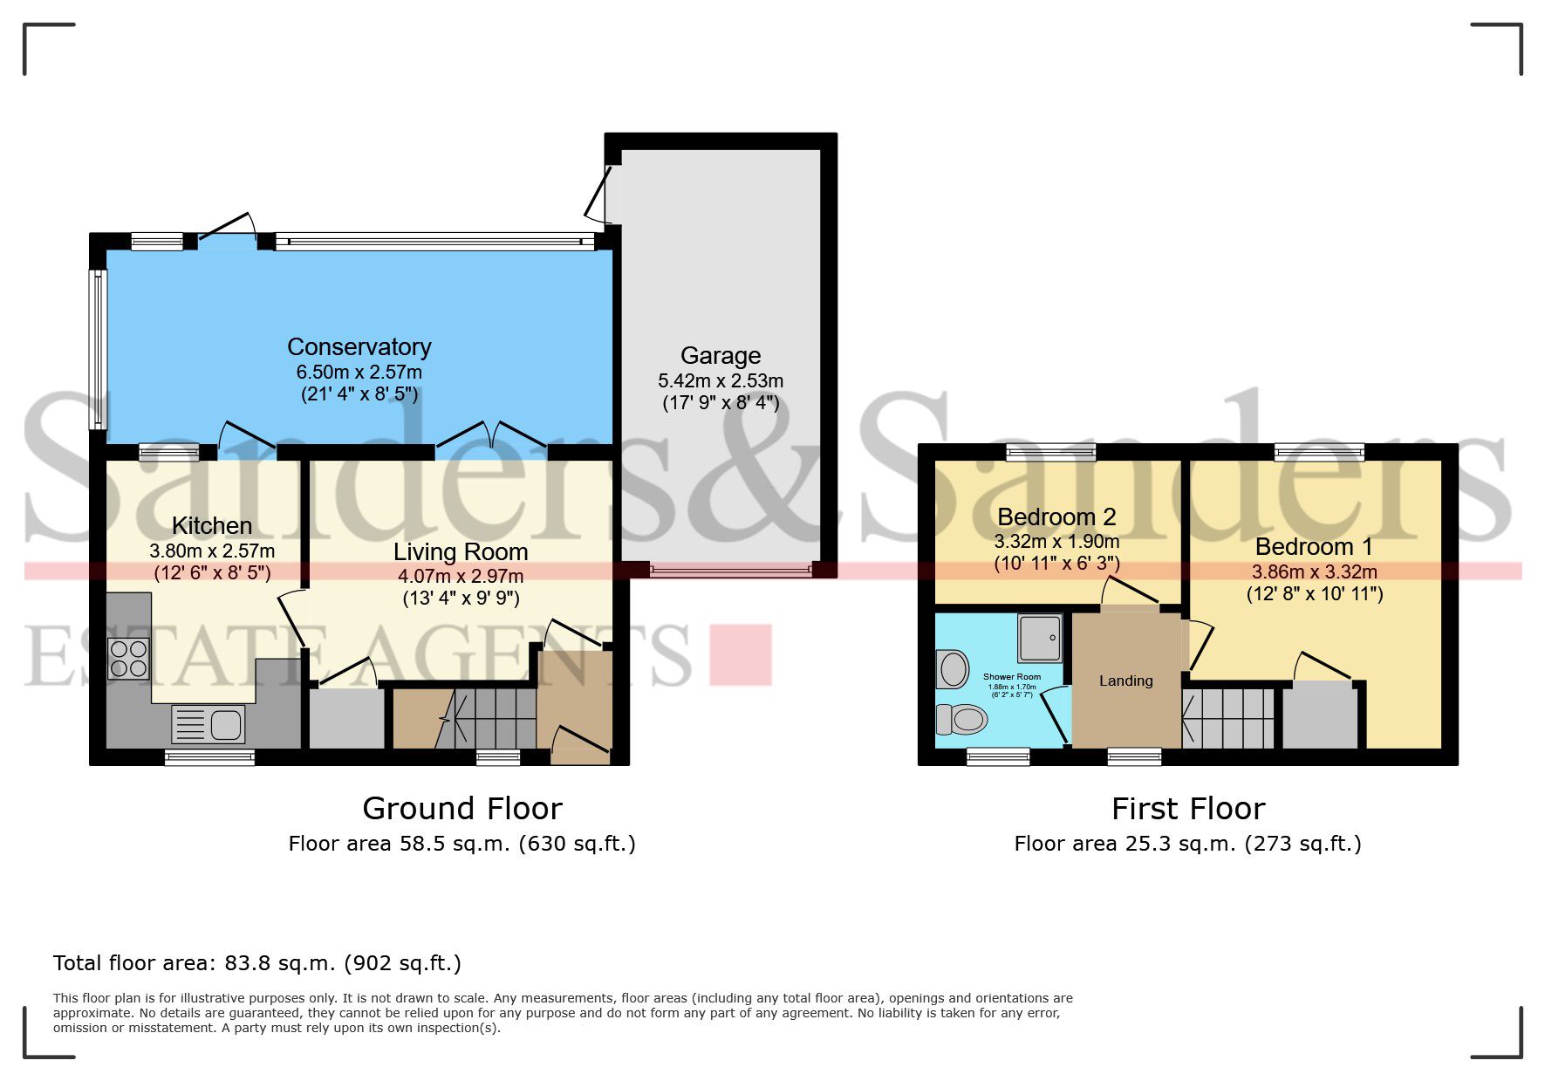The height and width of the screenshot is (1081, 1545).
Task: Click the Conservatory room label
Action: (x=359, y=347)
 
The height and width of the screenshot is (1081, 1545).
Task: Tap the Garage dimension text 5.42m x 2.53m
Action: (x=720, y=381)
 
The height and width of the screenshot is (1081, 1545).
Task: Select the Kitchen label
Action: (x=212, y=525)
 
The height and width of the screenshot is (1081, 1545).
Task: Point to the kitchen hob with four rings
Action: (x=128, y=659)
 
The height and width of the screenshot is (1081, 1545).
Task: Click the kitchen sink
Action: (x=209, y=724)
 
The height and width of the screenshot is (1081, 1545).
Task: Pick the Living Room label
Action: (x=461, y=551)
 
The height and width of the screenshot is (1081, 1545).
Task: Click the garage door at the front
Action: (x=731, y=571)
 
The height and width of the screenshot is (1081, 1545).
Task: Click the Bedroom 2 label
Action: (x=1056, y=517)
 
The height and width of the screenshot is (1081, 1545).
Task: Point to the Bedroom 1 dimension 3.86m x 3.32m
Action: (x=1314, y=572)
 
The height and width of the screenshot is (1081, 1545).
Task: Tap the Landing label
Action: (x=1125, y=681)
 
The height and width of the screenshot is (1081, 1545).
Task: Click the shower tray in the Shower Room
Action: (x=1040, y=639)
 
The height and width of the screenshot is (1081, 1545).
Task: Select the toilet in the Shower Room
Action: (x=961, y=720)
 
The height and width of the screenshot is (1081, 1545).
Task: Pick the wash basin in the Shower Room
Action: (x=953, y=670)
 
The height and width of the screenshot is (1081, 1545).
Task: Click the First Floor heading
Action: (x=1187, y=809)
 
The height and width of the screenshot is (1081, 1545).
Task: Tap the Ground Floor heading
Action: (x=461, y=809)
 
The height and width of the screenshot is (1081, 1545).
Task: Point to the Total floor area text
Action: (x=256, y=963)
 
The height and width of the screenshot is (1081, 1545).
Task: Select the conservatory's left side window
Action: (x=99, y=349)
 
